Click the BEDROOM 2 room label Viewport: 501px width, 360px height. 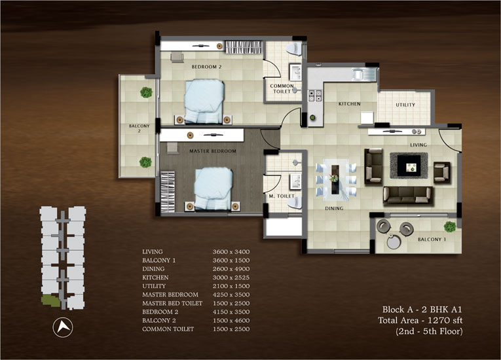[206, 67]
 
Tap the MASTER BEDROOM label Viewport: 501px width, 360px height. [213, 151]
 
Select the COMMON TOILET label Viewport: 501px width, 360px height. [282, 89]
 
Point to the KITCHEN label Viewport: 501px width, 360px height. [349, 104]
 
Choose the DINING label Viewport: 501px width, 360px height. [334, 209]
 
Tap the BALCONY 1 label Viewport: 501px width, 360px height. [431, 240]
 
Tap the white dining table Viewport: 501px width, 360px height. [335, 178]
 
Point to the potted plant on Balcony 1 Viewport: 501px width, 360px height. [449, 226]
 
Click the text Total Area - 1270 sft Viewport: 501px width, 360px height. [420, 320]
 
